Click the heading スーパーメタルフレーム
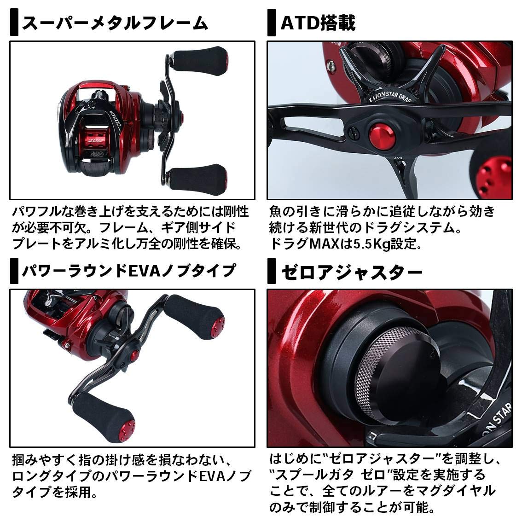[x=115, y=23]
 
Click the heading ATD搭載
[x=318, y=23]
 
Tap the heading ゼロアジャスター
[x=352, y=273]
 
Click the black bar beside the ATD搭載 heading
[x=271, y=23]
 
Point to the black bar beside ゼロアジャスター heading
[x=271, y=273]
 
